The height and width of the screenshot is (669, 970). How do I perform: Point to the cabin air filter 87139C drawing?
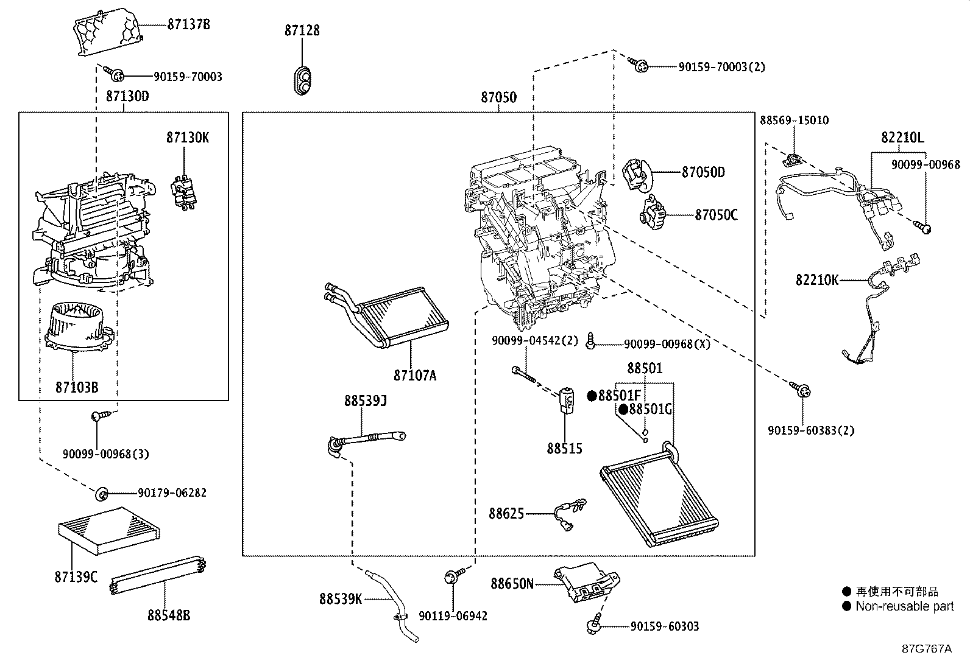(108, 529)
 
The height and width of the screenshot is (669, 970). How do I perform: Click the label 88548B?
(169, 615)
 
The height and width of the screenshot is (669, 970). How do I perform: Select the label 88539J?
(366, 401)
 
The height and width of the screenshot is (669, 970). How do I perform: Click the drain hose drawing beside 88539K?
(393, 603)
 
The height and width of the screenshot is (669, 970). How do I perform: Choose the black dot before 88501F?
(591, 396)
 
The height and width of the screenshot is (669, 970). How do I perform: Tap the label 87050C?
(716, 215)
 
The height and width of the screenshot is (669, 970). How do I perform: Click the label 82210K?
(817, 280)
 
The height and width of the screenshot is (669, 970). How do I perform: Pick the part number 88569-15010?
(794, 121)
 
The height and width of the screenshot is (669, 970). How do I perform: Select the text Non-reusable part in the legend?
(904, 606)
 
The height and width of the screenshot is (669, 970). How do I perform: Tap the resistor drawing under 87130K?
(185, 192)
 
